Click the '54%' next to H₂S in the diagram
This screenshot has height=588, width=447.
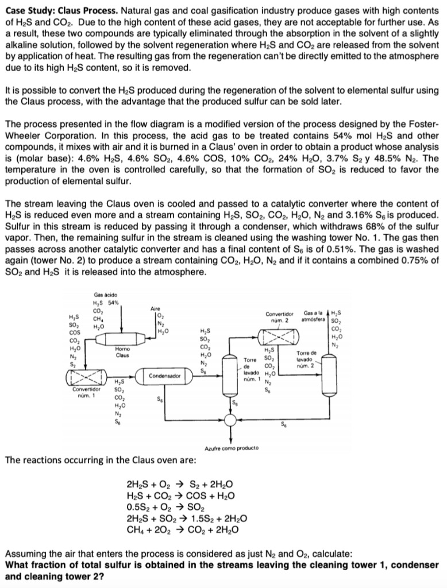coord(111,303)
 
